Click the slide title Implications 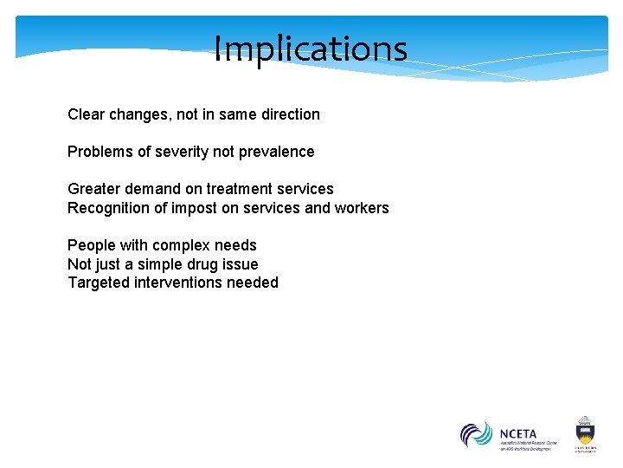[310, 49]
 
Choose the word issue [240, 264]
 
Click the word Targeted [99, 283]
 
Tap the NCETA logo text [518, 432]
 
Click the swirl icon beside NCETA [476, 435]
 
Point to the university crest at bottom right [585, 430]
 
